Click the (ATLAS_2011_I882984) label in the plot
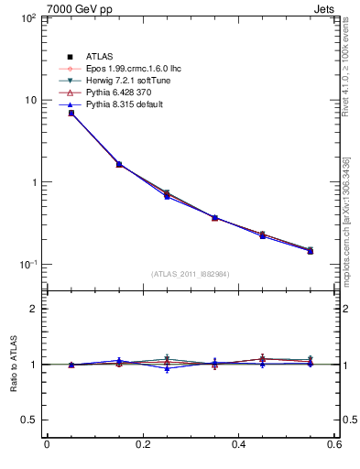click(x=191, y=274)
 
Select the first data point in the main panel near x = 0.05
click(x=71, y=113)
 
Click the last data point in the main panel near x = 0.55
click(x=311, y=250)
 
